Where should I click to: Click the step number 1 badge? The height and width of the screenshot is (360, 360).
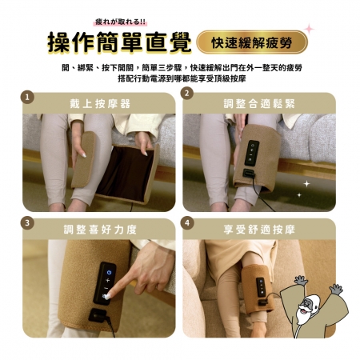point(27,98)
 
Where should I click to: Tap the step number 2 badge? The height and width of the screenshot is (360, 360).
point(187,93)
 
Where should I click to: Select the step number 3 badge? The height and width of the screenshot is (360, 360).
point(27,222)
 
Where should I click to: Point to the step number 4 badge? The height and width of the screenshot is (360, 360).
point(187,222)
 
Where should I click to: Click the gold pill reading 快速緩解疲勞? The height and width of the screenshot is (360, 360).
point(252,42)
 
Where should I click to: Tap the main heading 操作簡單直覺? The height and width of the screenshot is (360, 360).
point(119,42)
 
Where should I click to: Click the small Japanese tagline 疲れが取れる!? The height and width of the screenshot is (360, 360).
point(121,22)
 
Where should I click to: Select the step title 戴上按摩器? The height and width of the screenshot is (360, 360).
point(100,104)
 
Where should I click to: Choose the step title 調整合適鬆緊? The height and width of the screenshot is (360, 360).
point(259,104)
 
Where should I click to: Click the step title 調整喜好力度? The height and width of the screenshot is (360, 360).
point(100,230)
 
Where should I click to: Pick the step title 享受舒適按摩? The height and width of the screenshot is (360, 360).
point(259,230)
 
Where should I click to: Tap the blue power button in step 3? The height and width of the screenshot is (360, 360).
point(109,272)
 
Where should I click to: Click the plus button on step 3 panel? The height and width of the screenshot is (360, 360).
point(107,280)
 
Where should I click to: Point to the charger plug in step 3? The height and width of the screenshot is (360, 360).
point(98,315)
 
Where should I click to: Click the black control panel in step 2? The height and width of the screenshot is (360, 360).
point(252,153)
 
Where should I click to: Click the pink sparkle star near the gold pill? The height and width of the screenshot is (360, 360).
point(310,29)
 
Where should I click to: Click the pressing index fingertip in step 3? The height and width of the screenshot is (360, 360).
point(107,296)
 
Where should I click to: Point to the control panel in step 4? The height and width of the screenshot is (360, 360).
point(261,287)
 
